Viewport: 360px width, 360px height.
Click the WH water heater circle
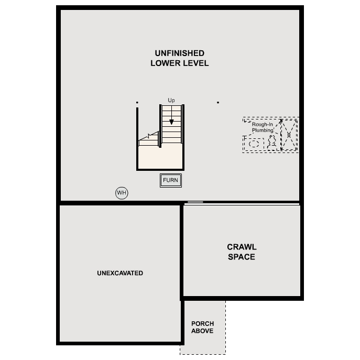(x=122, y=193)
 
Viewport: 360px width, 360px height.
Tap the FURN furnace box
(x=170, y=180)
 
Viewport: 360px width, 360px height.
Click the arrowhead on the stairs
(x=171, y=122)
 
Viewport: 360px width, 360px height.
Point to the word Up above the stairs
(x=171, y=100)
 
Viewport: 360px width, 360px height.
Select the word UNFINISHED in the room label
(x=179, y=53)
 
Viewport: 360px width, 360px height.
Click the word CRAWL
(x=242, y=247)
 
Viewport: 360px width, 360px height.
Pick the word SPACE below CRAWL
(x=242, y=257)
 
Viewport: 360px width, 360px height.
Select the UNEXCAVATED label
(x=120, y=273)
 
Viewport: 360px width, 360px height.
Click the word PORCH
(x=202, y=324)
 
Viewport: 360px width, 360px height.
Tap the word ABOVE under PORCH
(x=202, y=331)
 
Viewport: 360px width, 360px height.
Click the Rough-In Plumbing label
(x=263, y=127)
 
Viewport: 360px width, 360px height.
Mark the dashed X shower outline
(x=289, y=135)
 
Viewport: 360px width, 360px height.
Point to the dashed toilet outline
(x=272, y=141)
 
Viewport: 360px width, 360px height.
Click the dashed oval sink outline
(x=255, y=143)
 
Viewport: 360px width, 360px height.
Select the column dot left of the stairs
(x=137, y=103)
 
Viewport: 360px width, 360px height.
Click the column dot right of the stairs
(x=218, y=103)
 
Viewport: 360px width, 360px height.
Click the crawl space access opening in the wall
(x=195, y=202)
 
